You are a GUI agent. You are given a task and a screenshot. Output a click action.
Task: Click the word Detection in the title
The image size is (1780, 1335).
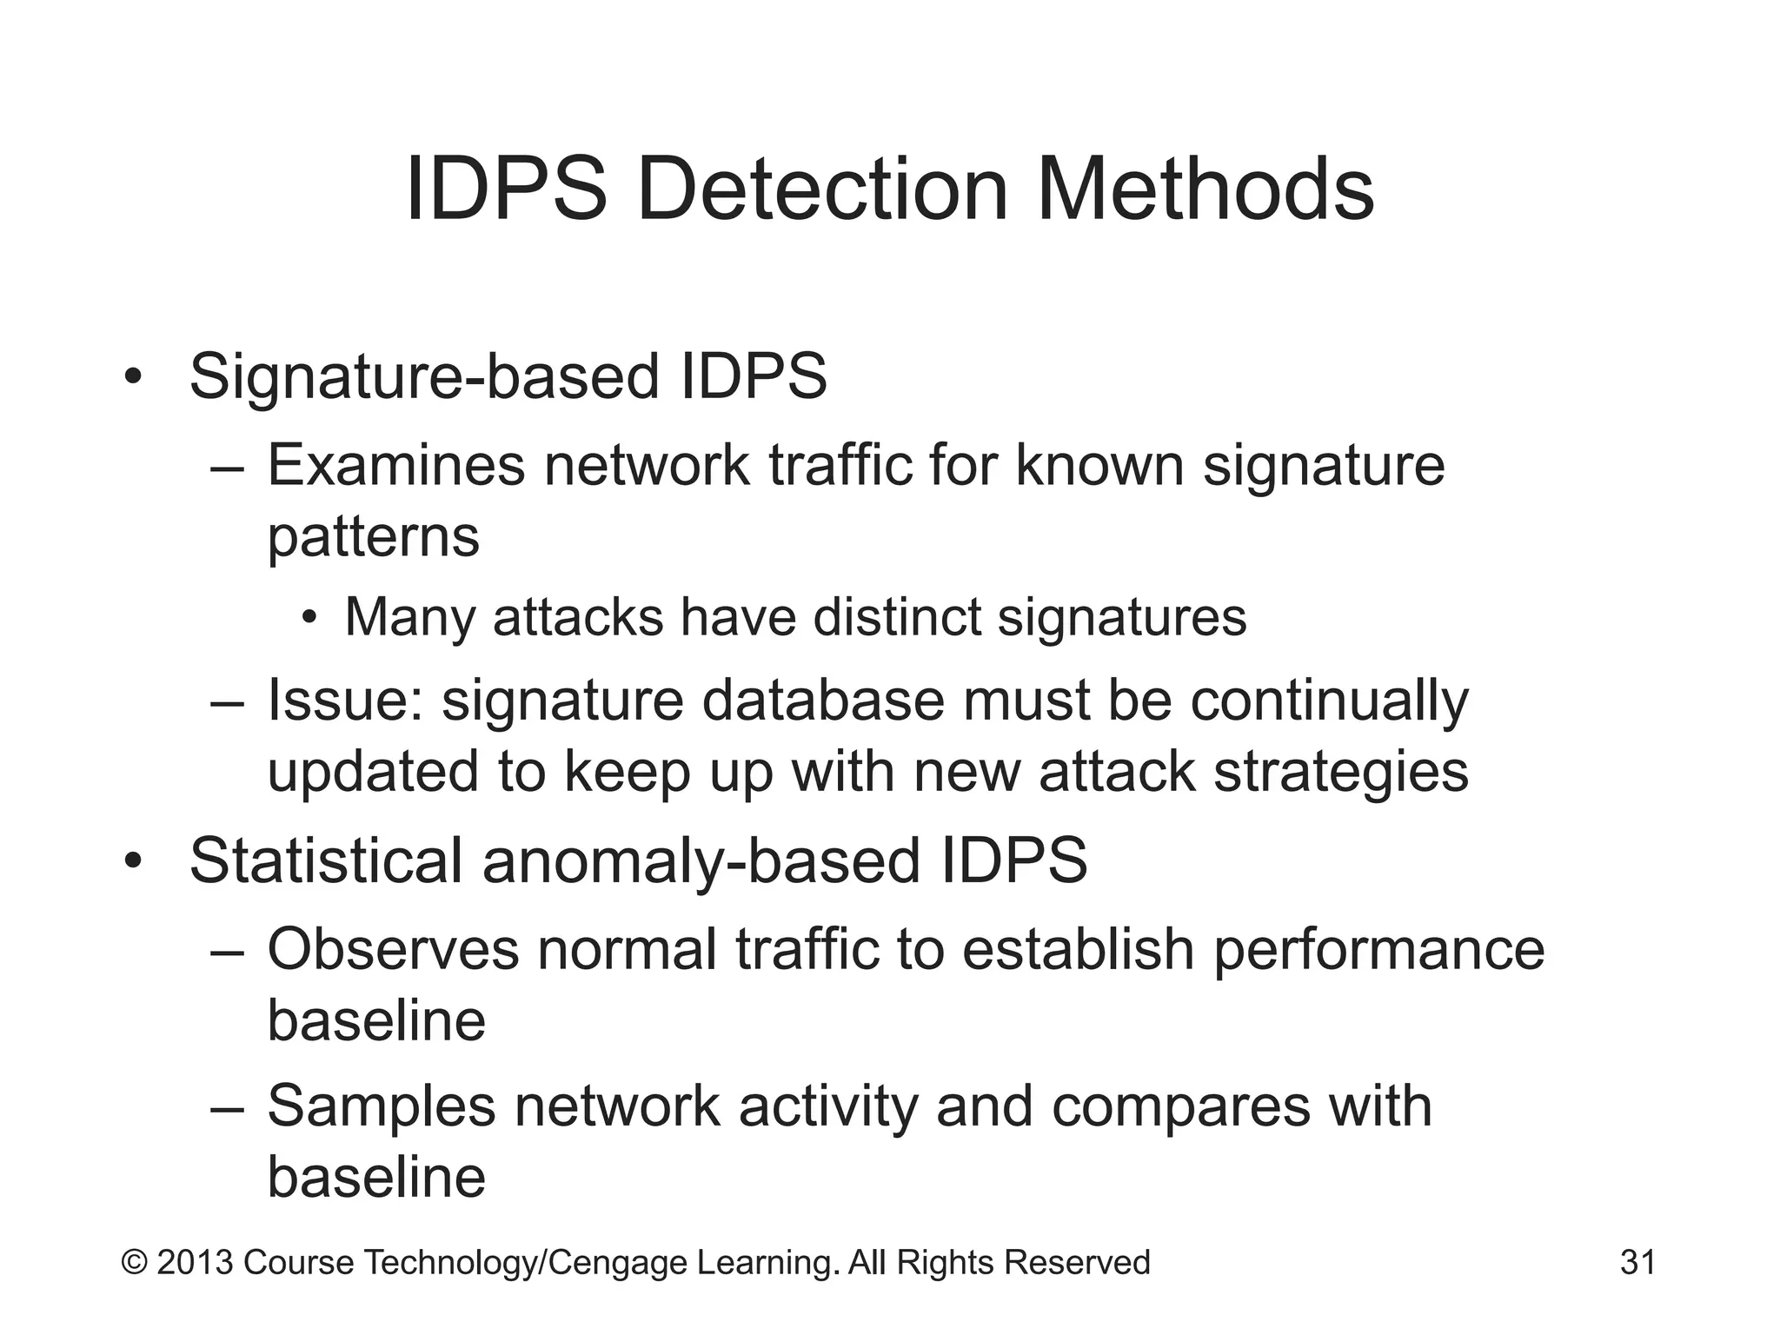(822, 189)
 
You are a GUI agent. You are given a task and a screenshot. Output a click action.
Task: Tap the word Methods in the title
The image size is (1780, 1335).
(1205, 189)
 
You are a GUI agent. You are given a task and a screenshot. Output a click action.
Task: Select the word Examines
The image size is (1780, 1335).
(395, 465)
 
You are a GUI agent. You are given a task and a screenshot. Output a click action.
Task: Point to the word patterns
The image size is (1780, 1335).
(373, 536)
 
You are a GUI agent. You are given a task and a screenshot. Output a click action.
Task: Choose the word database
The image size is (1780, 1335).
(822, 701)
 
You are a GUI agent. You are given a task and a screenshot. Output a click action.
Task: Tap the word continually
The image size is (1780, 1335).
(1329, 701)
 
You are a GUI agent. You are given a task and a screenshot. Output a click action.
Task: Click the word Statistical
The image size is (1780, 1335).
(325, 861)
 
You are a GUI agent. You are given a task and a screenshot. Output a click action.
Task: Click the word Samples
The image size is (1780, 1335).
(381, 1106)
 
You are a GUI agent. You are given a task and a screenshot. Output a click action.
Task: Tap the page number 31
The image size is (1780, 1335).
(1637, 1262)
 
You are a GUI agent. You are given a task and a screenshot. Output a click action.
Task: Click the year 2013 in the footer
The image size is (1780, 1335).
(194, 1262)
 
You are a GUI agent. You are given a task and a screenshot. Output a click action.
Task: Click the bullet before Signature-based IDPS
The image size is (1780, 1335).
(132, 378)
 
